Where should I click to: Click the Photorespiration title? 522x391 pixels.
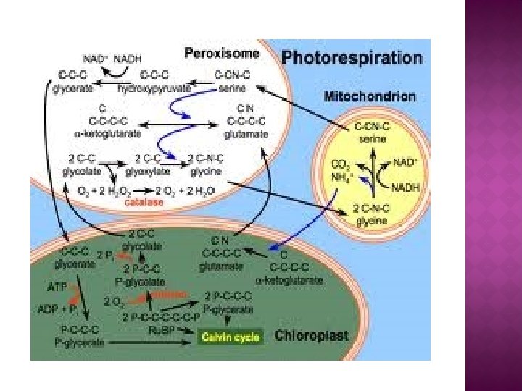(x=352, y=56)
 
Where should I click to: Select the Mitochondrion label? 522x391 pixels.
(x=370, y=96)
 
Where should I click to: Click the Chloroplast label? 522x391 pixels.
(x=312, y=337)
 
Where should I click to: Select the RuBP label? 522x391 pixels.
(x=177, y=327)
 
